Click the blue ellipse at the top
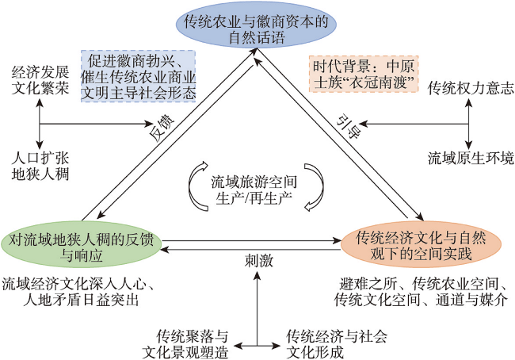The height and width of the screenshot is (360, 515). pos(257,25)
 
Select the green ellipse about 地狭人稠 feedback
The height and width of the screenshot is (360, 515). pos(81,243)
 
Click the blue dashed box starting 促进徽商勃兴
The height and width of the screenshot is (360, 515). pos(139,76)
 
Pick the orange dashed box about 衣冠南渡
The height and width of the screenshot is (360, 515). pos(363,74)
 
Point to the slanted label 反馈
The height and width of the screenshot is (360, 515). pos(163,128)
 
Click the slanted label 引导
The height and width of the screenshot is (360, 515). pos(349,127)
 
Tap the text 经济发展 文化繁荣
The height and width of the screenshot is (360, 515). pos(40,80)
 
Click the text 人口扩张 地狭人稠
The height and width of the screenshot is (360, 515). pos(40,167)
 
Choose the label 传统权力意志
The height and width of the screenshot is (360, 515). pos(471,88)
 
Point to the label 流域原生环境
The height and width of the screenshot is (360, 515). pos(471,158)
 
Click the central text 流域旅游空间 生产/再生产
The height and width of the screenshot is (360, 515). pos(254,190)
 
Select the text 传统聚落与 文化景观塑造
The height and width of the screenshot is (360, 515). pos(185,344)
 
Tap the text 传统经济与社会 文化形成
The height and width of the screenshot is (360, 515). pos(336,344)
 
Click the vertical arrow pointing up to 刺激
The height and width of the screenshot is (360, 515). pos(257,308)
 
